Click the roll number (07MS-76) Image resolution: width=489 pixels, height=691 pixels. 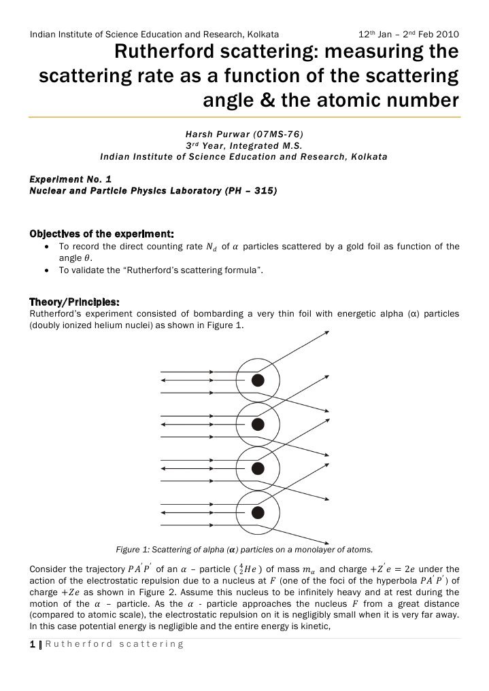pos(280,134)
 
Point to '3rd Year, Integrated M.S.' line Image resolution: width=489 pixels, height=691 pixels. pos(243,145)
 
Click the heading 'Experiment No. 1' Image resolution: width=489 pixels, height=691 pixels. pos(70,178)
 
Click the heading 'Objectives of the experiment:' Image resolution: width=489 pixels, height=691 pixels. pos(101,234)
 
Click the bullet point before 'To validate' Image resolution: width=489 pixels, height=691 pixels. pos(46,270)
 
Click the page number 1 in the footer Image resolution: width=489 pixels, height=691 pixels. pos(32,644)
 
